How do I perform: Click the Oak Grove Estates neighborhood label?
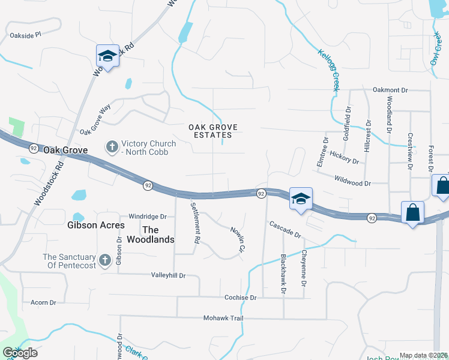click(213, 131)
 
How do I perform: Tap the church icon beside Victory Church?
click(112, 146)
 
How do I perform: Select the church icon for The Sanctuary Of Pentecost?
click(104, 260)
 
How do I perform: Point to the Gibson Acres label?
click(96, 226)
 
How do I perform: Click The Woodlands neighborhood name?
click(158, 235)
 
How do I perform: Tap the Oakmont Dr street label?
click(390, 90)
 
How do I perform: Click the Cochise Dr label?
click(240, 297)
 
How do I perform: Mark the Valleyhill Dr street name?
click(168, 275)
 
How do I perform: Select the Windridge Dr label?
click(147, 217)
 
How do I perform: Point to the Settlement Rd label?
click(194, 222)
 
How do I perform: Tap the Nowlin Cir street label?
click(238, 239)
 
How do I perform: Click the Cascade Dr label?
click(285, 229)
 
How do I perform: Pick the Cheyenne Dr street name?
click(304, 268)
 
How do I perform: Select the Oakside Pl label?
click(25, 35)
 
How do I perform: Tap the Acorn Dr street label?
click(43, 302)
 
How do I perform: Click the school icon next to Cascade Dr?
click(300, 199)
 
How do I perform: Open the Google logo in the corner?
click(20, 352)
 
